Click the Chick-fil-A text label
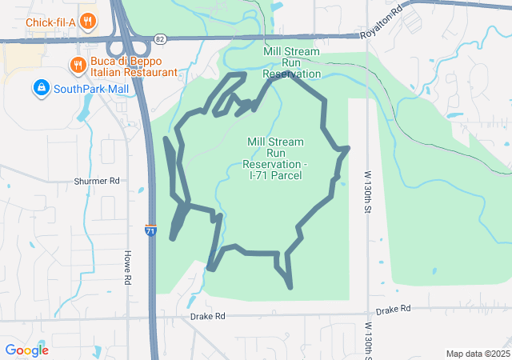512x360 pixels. [x=50, y=22]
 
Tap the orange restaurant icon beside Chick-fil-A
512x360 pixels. [x=89, y=22]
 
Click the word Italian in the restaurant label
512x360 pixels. [x=106, y=73]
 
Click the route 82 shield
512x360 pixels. [x=161, y=38]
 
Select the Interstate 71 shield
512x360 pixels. [x=150, y=230]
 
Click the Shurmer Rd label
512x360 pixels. [x=96, y=182]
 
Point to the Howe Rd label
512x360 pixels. [x=126, y=267]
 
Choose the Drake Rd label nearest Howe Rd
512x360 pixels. [x=207, y=317]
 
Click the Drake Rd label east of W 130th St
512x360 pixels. [x=393, y=309]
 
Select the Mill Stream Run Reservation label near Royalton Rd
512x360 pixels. [x=291, y=62]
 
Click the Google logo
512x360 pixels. [x=26, y=350]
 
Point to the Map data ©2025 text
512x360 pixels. [x=477, y=354]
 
